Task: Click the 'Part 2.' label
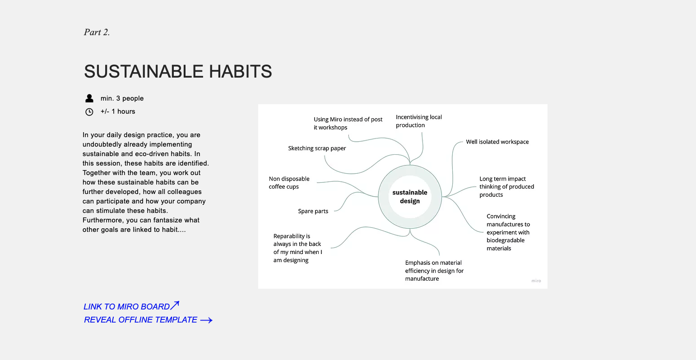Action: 97,32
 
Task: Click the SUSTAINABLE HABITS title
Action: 178,71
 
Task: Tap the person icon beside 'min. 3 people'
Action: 89,98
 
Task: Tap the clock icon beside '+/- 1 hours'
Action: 89,112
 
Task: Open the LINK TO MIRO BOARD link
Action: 127,307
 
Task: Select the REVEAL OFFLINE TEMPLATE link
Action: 140,320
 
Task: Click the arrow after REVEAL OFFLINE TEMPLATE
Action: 206,320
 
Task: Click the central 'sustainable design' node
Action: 410,197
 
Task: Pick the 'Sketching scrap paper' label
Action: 317,148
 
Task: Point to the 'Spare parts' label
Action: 313,211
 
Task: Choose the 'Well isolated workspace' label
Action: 497,142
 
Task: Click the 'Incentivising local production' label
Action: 418,121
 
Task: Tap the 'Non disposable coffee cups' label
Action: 289,183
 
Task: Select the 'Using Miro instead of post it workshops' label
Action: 348,123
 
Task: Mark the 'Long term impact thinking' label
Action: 506,187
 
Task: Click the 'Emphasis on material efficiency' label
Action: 434,271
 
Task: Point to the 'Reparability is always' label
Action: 297,248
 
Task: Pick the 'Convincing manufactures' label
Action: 508,232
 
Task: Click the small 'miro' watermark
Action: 536,281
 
